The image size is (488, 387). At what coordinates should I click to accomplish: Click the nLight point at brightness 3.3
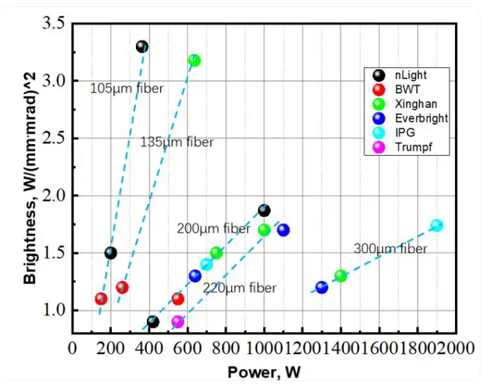point(142,47)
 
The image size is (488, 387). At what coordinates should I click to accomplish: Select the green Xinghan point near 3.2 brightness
point(194,60)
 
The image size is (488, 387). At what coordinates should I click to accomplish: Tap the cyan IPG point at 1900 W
point(437,225)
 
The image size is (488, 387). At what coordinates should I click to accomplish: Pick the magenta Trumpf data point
point(178,321)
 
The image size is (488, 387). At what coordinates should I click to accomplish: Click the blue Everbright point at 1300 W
point(321,287)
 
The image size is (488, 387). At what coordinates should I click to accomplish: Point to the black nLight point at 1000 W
point(264,211)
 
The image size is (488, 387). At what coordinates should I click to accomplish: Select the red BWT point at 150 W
point(101,298)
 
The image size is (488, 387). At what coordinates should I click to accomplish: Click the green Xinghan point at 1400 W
point(341,276)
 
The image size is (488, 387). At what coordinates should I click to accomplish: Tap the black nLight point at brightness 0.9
point(153,321)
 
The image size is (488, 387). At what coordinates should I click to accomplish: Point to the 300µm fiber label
point(391,248)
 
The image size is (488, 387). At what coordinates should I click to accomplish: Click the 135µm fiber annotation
point(177,142)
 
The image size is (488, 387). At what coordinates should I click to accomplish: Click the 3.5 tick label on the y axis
point(54,24)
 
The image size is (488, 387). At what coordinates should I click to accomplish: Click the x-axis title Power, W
point(264,372)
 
